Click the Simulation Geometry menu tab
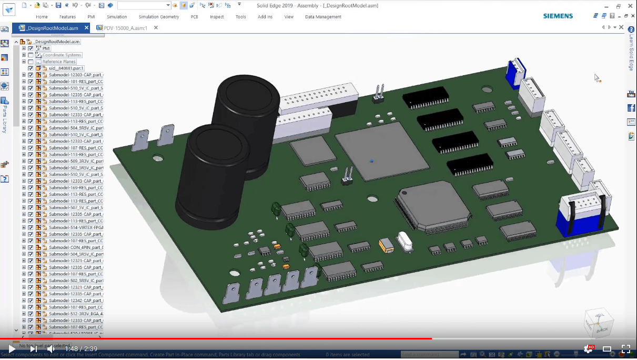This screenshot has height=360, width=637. point(159,17)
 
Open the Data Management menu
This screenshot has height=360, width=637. point(323,17)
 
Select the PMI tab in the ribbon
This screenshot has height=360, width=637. point(92,17)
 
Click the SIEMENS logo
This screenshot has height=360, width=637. point(558,16)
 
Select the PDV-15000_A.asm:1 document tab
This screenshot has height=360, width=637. point(125,28)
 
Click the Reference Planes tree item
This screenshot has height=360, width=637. point(59,62)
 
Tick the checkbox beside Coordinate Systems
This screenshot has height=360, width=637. point(31,55)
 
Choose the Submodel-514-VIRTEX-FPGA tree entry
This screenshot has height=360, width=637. point(76,227)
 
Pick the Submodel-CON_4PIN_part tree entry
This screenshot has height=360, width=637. point(76,247)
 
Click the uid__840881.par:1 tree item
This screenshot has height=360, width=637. point(63,68)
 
